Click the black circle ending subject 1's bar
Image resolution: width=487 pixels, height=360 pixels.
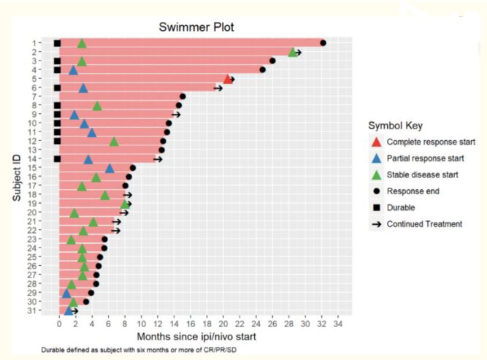(x=323, y=43)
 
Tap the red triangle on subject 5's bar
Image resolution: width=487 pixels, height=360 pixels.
(x=227, y=79)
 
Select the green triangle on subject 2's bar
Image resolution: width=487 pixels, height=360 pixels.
(x=292, y=52)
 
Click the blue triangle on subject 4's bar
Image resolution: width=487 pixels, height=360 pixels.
(x=73, y=70)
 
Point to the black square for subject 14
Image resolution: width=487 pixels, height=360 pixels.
(x=57, y=158)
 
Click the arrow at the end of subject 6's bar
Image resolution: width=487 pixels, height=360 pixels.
(x=218, y=88)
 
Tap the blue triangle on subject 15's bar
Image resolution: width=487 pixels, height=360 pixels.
(x=110, y=168)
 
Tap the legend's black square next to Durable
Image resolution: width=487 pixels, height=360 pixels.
(x=376, y=207)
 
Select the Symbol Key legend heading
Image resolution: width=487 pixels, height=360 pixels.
(x=396, y=126)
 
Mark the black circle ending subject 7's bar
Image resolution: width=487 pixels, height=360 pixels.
(x=183, y=96)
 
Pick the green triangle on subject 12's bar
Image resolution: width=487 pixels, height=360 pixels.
(x=114, y=141)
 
